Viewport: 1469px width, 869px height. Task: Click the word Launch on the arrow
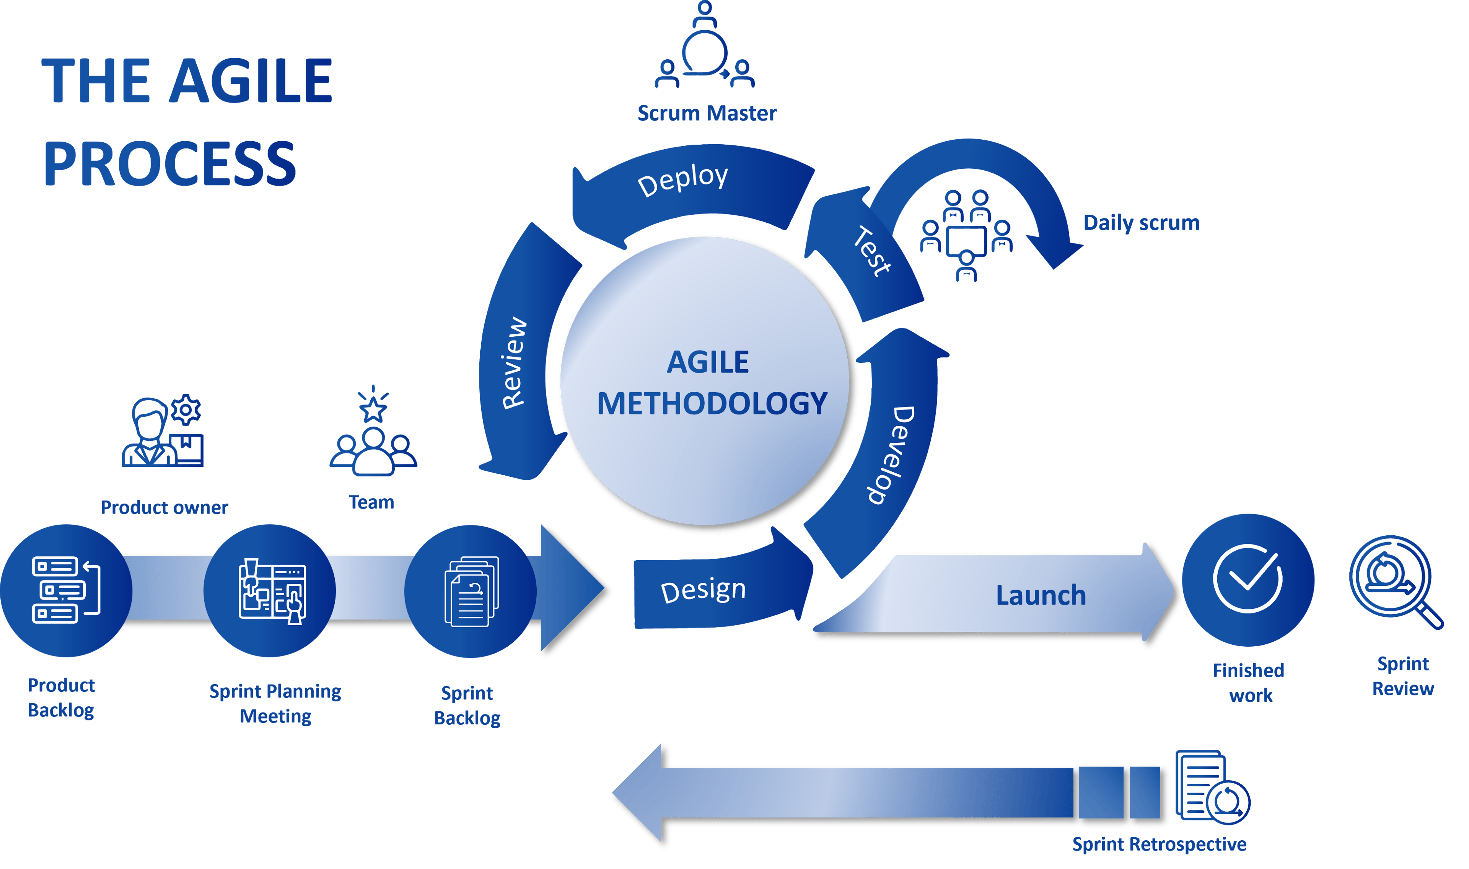pyautogui.click(x=1041, y=595)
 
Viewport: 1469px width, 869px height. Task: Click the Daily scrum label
pyautogui.click(x=1141, y=223)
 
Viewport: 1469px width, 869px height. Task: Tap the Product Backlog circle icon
pyautogui.click(x=65, y=590)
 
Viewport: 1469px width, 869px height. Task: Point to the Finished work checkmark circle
pyautogui.click(x=1248, y=580)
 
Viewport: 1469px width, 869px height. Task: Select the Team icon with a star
pyautogui.click(x=373, y=436)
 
